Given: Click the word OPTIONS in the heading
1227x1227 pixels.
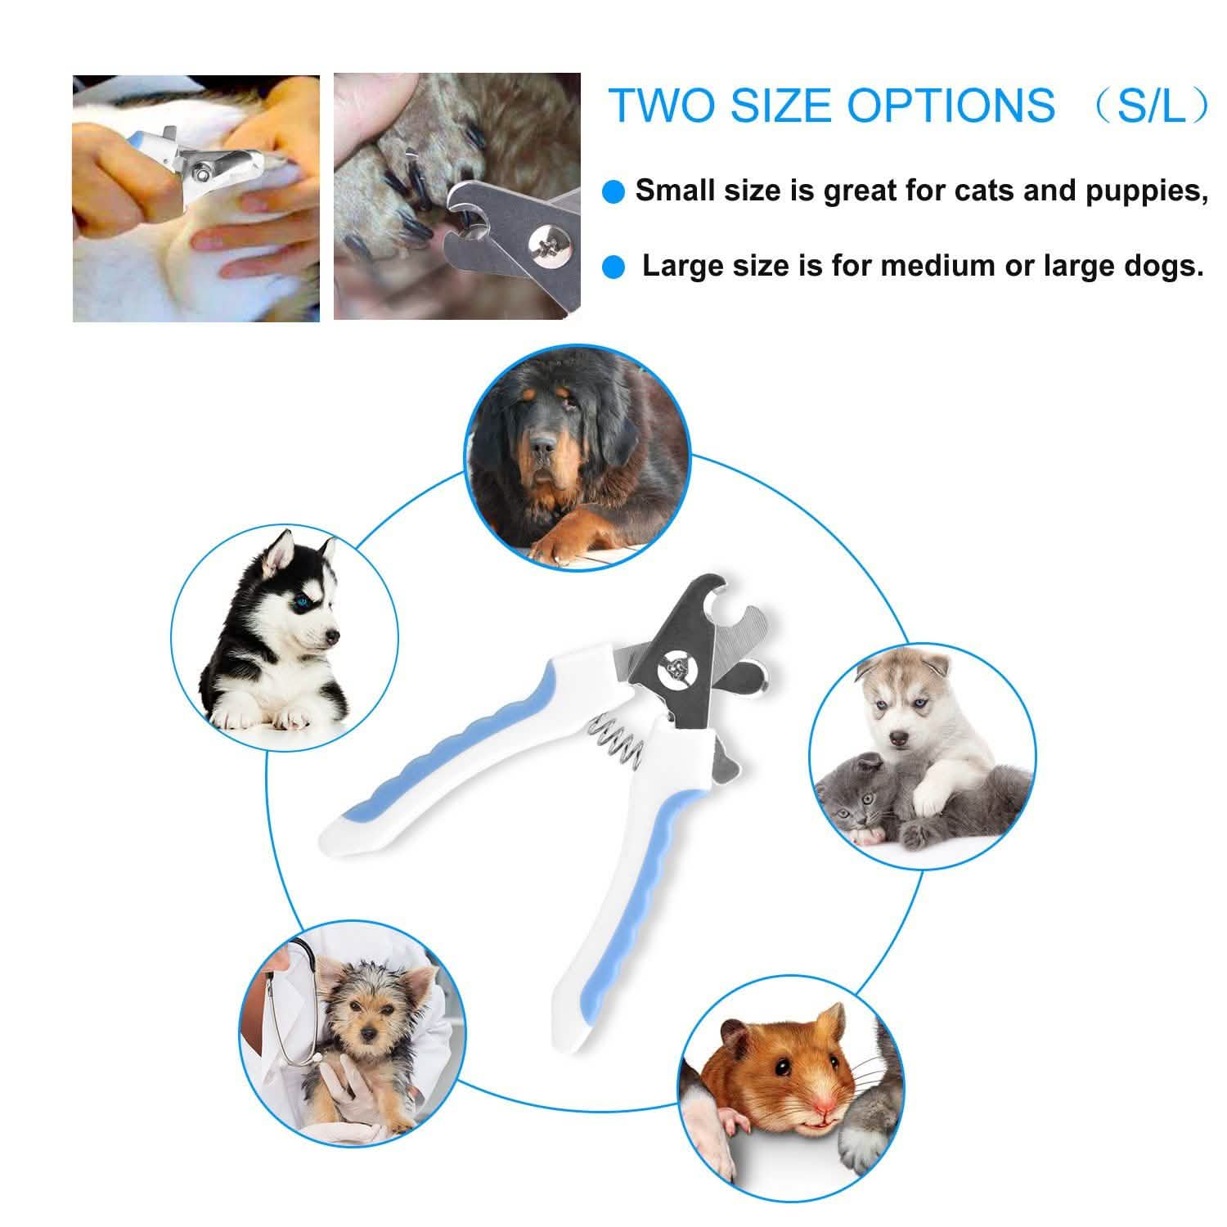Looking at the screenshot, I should tap(951, 106).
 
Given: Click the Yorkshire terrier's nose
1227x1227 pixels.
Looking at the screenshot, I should tap(369, 1033).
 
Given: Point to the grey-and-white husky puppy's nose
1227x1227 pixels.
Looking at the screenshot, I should tap(900, 739).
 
